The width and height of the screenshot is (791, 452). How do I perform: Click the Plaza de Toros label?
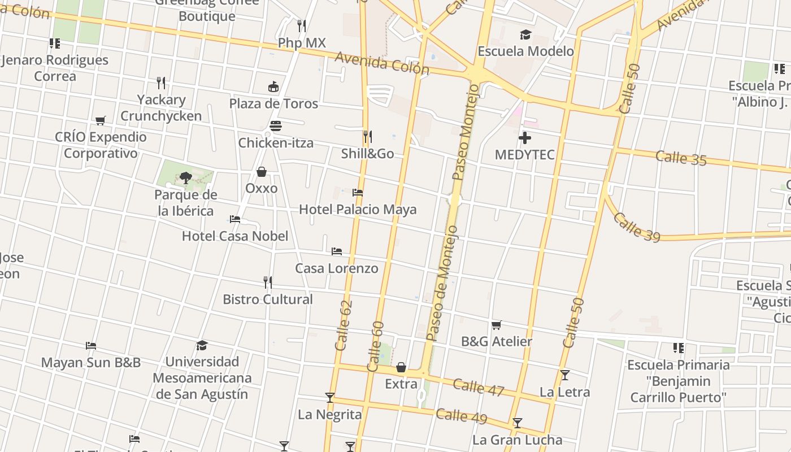(273, 103)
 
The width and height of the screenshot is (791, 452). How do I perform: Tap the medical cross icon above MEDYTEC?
(525, 137)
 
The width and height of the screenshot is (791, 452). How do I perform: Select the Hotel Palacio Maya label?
(358, 209)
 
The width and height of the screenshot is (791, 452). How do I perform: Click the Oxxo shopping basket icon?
(262, 171)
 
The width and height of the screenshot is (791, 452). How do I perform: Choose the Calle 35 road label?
(681, 158)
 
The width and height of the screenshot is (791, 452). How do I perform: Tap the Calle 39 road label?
(636, 227)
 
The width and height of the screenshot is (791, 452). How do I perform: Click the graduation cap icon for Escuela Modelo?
(525, 35)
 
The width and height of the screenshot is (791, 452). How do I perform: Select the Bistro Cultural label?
(268, 299)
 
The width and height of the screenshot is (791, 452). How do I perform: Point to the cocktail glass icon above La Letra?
(564, 375)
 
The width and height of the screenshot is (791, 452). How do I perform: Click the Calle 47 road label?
(478, 387)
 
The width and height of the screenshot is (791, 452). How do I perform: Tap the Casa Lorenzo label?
(337, 268)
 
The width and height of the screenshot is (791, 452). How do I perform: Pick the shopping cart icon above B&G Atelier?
(497, 325)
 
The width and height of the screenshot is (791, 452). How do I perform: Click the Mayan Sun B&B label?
(91, 362)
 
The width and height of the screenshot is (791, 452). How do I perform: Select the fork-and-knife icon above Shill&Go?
(367, 136)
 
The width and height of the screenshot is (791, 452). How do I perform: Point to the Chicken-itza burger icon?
(276, 126)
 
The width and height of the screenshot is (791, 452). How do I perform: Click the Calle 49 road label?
(461, 416)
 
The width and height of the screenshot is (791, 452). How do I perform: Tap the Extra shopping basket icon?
(401, 368)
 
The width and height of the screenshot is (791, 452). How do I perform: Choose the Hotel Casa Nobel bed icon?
(235, 219)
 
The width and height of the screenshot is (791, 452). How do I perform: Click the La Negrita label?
(330, 414)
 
